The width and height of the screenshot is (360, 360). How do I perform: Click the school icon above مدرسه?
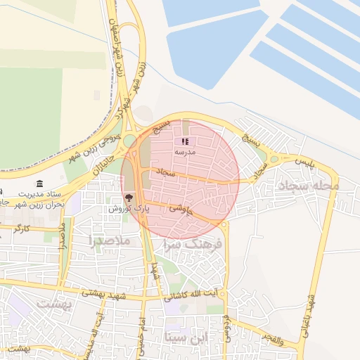[x=185, y=141]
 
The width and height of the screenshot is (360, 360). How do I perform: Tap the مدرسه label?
[x=186, y=152]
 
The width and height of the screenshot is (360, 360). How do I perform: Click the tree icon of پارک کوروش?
[x=129, y=198]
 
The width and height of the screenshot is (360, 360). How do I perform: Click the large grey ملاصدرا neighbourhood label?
[x=109, y=240]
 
